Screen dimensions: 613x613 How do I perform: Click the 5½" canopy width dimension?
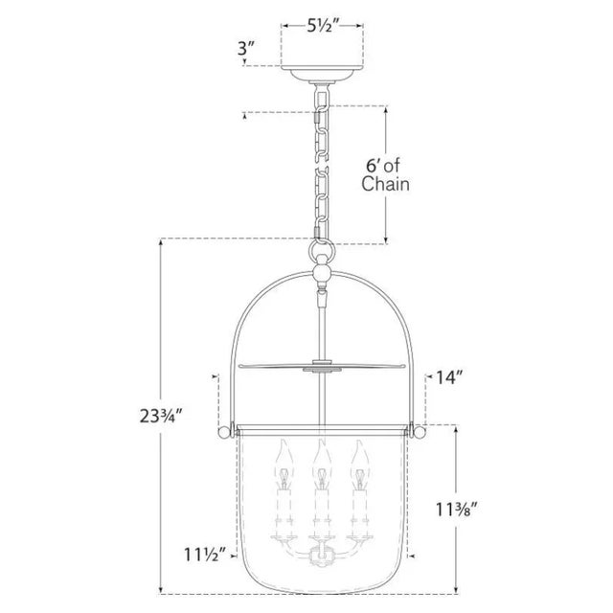[x=322, y=26]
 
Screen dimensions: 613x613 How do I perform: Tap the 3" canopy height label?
[x=246, y=49]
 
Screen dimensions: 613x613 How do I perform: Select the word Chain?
[x=385, y=184]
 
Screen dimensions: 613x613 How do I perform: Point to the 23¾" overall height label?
[x=162, y=416]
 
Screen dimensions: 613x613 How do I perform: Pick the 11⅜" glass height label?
[x=457, y=510]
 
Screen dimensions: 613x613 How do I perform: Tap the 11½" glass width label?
[x=205, y=555]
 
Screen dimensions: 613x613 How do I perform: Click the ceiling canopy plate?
[x=323, y=73]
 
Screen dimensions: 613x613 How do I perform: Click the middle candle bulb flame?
[x=322, y=455]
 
